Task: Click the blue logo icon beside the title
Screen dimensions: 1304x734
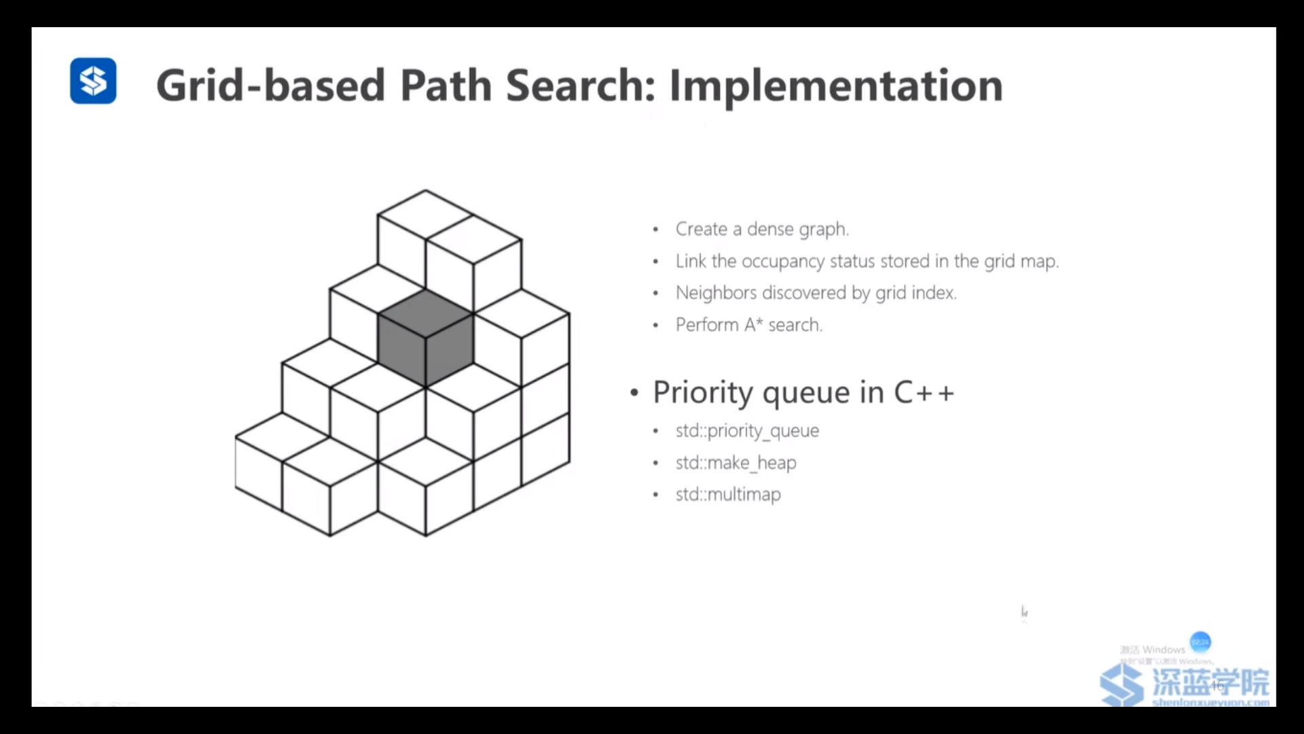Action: coord(93,81)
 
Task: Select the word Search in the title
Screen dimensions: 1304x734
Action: coord(581,86)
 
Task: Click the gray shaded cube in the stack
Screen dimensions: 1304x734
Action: coord(425,338)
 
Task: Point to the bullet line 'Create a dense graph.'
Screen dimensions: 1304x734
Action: coord(761,229)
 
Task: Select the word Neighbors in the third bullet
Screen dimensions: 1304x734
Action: coord(716,293)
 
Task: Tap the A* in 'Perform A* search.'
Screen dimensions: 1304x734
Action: coord(753,325)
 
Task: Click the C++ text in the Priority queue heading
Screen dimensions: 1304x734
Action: coord(924,392)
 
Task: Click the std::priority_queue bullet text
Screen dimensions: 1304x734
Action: coord(747,431)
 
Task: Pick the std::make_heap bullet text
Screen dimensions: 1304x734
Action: coord(736,463)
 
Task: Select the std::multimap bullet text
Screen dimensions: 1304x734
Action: coord(728,494)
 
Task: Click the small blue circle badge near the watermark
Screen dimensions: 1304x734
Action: coord(1200,642)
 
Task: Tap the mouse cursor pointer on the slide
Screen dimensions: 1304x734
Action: coord(1024,612)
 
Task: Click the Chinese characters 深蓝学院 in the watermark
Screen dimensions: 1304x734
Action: coord(1210,681)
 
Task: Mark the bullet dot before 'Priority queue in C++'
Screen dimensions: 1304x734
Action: coord(634,393)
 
